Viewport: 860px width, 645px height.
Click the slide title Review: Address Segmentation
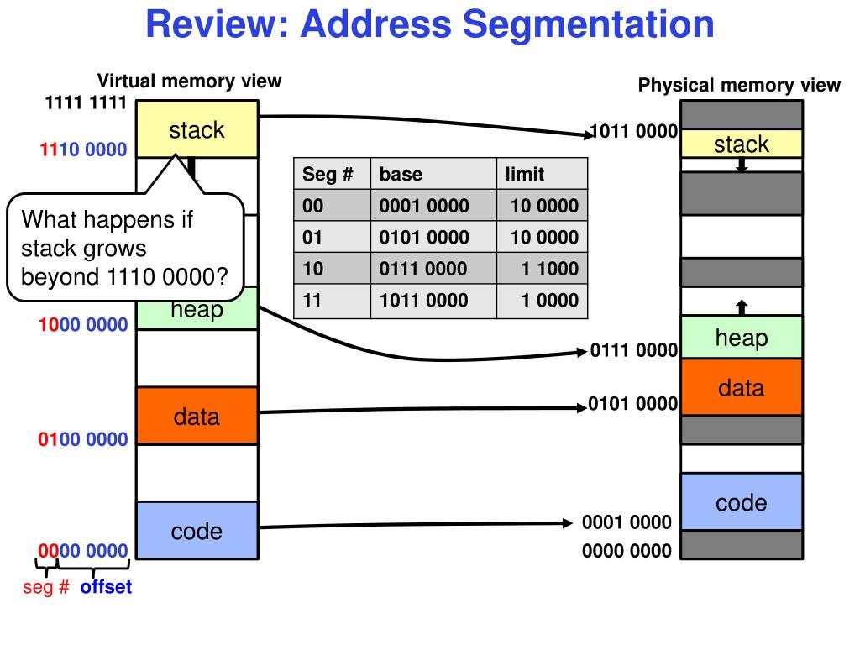[x=429, y=24]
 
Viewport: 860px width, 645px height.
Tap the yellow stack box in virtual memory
[x=197, y=128]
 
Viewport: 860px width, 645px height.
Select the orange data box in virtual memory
[x=197, y=416]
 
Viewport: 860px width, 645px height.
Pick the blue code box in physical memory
[x=742, y=501]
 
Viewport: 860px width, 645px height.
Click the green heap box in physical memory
[x=742, y=337]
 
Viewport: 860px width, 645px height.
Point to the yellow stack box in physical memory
[x=742, y=144]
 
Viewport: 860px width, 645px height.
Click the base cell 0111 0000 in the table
[x=423, y=269]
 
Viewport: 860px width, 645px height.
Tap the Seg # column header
[x=328, y=175]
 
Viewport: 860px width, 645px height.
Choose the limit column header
[x=524, y=175]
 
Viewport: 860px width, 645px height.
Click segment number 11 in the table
[x=312, y=301]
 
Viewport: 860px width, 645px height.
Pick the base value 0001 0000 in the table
[x=424, y=206]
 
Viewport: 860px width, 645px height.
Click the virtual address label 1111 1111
[x=86, y=102]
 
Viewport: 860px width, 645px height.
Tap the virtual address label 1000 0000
[x=83, y=325]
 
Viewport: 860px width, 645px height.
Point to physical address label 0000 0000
[x=627, y=551]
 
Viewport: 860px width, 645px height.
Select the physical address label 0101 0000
[x=633, y=404]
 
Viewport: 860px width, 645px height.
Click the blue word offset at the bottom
[x=106, y=587]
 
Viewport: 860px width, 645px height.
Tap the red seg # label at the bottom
[x=46, y=587]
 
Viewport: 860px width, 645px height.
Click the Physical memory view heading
[x=739, y=85]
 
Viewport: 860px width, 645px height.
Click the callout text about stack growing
[x=124, y=248]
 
